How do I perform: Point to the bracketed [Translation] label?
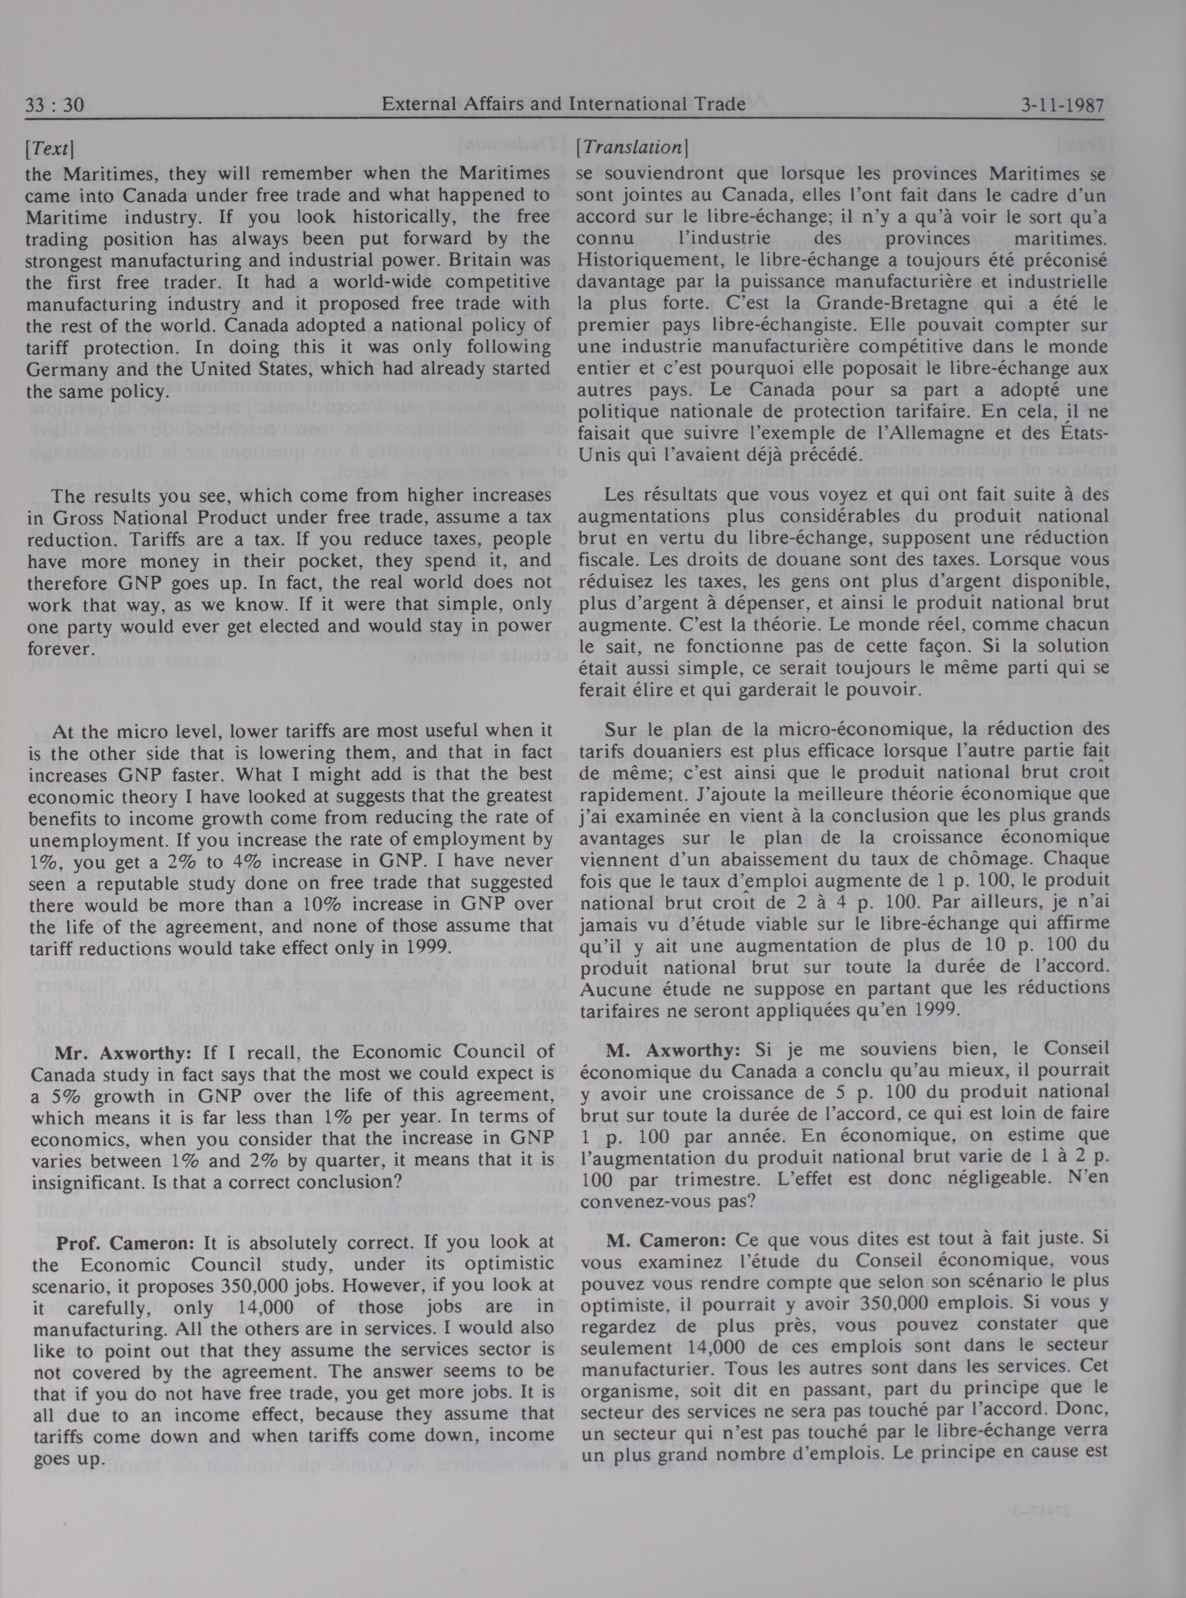tap(632, 148)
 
